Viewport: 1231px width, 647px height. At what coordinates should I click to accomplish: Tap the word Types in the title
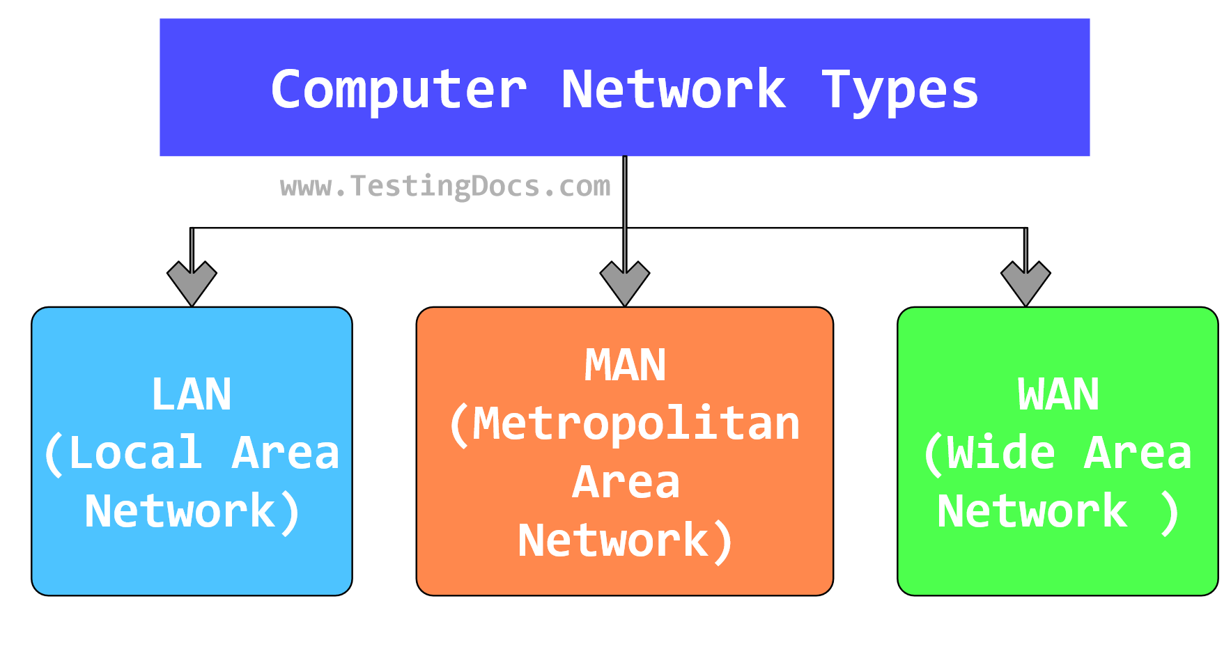coord(899,91)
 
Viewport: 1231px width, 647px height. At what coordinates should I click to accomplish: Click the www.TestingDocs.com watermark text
coord(445,186)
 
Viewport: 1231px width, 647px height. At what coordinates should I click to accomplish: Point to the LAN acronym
coord(192,395)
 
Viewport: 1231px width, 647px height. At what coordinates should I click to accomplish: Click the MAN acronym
coord(625,366)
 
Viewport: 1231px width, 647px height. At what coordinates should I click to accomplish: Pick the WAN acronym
coord(1058,395)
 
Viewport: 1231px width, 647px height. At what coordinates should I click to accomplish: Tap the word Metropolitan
coord(635,424)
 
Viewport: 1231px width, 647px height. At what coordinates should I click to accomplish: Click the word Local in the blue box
coord(136,453)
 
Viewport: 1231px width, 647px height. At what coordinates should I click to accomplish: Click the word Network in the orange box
coord(613,541)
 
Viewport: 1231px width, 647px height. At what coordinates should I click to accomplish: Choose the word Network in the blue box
coord(180,512)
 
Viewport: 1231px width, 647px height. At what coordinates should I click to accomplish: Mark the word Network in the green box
coord(1032,512)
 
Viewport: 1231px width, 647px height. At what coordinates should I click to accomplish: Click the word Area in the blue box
coord(285,453)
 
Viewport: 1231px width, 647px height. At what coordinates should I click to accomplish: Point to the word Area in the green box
coord(1137,453)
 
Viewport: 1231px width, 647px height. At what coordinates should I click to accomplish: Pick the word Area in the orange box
coord(626,483)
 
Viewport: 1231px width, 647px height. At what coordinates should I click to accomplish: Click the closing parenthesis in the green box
coord(1170,513)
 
